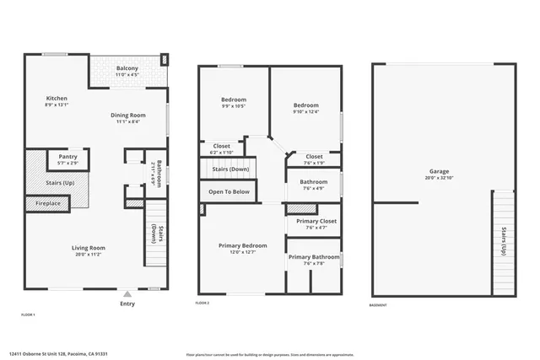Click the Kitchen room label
click(57, 99)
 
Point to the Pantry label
click(67, 157)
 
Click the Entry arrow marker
click(127, 294)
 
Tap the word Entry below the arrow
click(127, 304)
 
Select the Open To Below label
click(229, 191)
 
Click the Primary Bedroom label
click(242, 245)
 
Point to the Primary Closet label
click(316, 221)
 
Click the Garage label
click(439, 171)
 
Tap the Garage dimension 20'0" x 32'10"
click(439, 178)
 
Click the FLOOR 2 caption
click(202, 303)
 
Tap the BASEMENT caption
click(380, 305)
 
